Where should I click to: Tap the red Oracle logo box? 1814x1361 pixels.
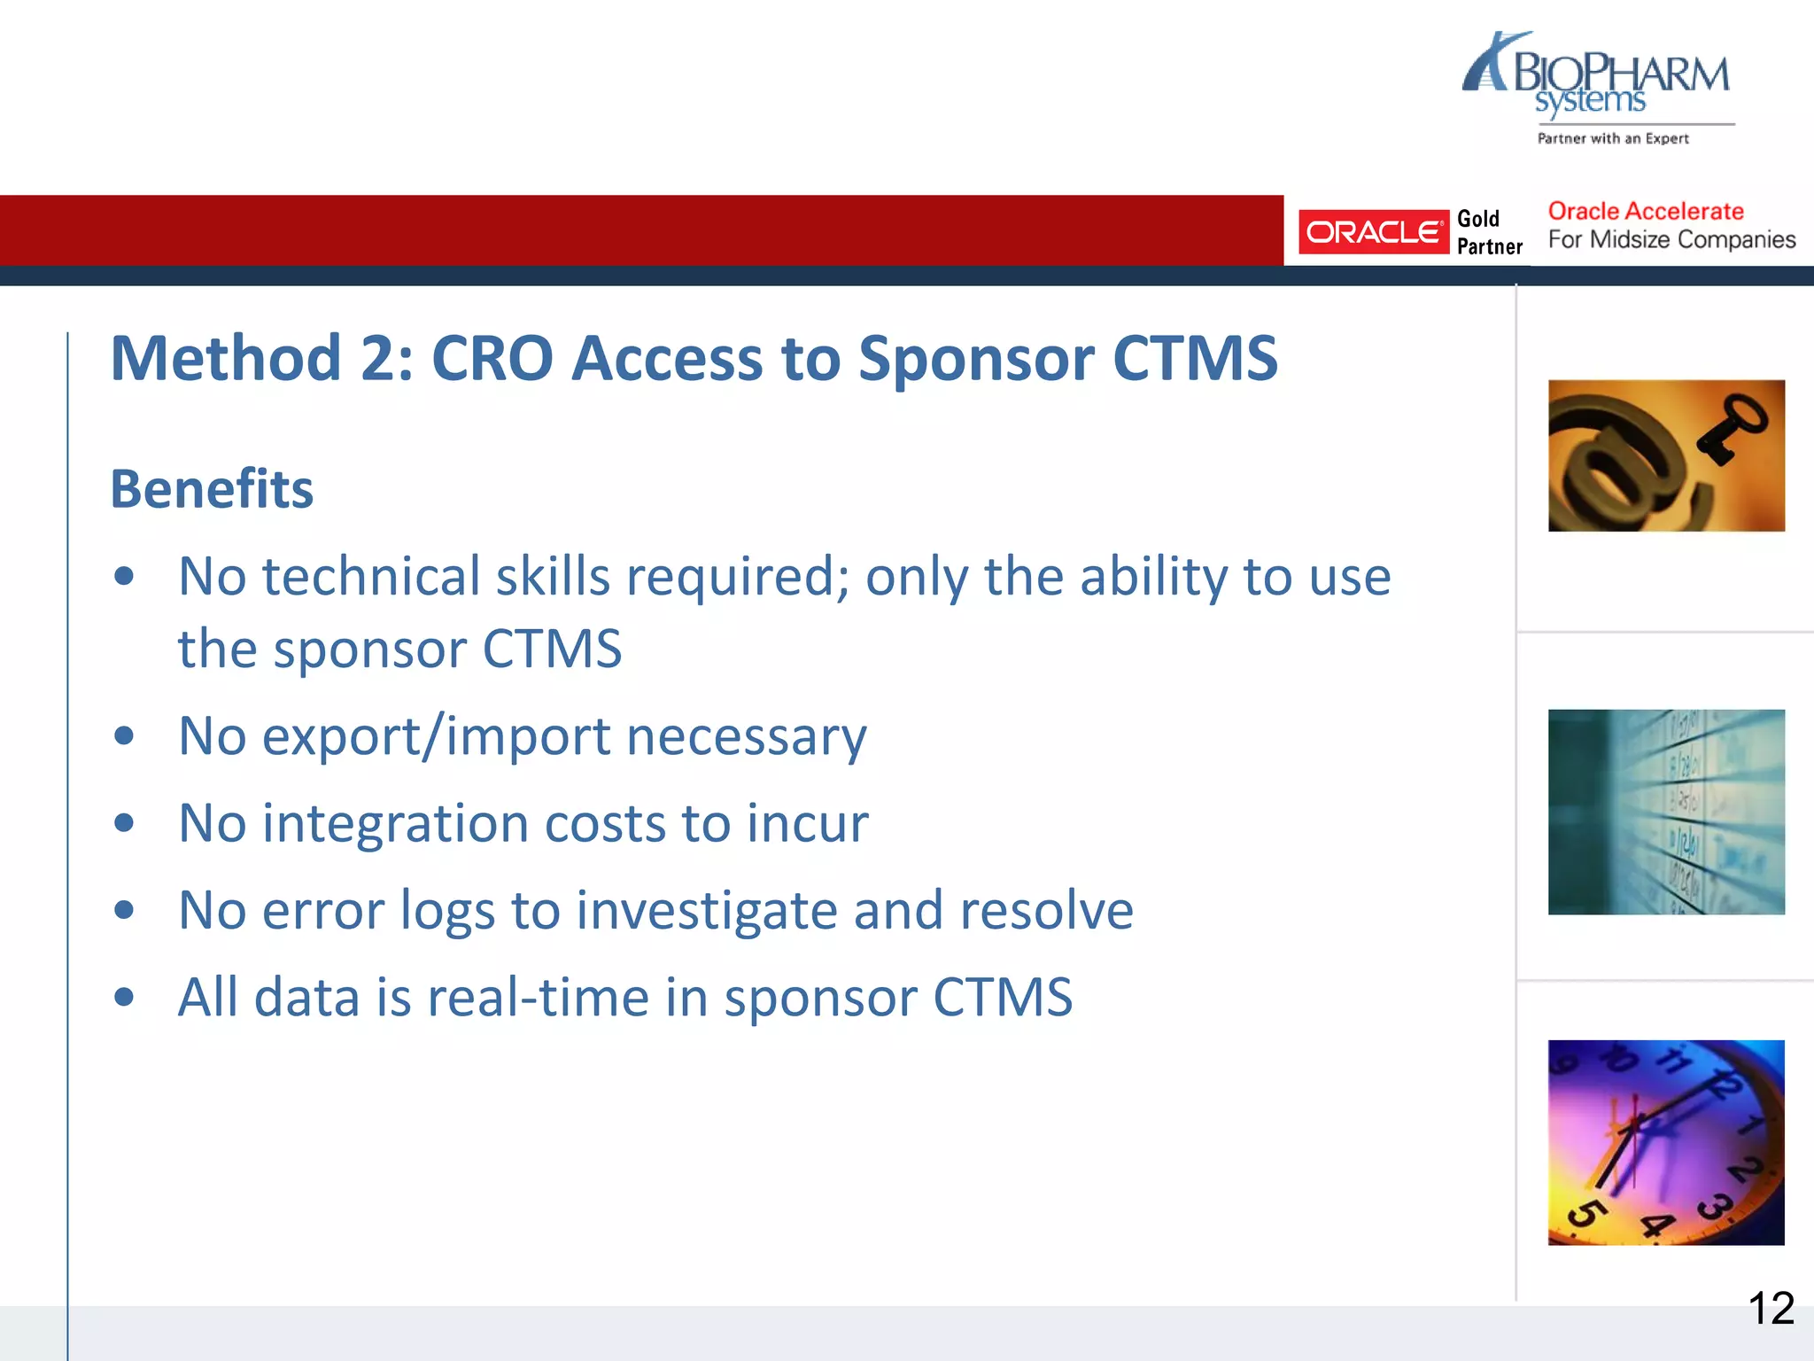[1372, 232]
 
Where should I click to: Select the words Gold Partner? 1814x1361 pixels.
[1489, 232]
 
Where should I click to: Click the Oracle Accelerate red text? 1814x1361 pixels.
[1645, 211]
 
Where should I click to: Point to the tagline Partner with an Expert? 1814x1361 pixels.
[1612, 138]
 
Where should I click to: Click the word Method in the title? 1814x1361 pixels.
[226, 359]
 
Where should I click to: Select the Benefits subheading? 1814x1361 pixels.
[212, 489]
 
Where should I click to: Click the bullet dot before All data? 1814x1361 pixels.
[125, 996]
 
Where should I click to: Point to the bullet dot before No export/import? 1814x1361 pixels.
[125, 735]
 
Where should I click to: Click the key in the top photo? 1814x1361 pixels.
[1732, 429]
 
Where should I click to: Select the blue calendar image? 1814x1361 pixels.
[1665, 812]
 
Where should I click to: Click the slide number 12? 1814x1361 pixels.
[1771, 1308]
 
